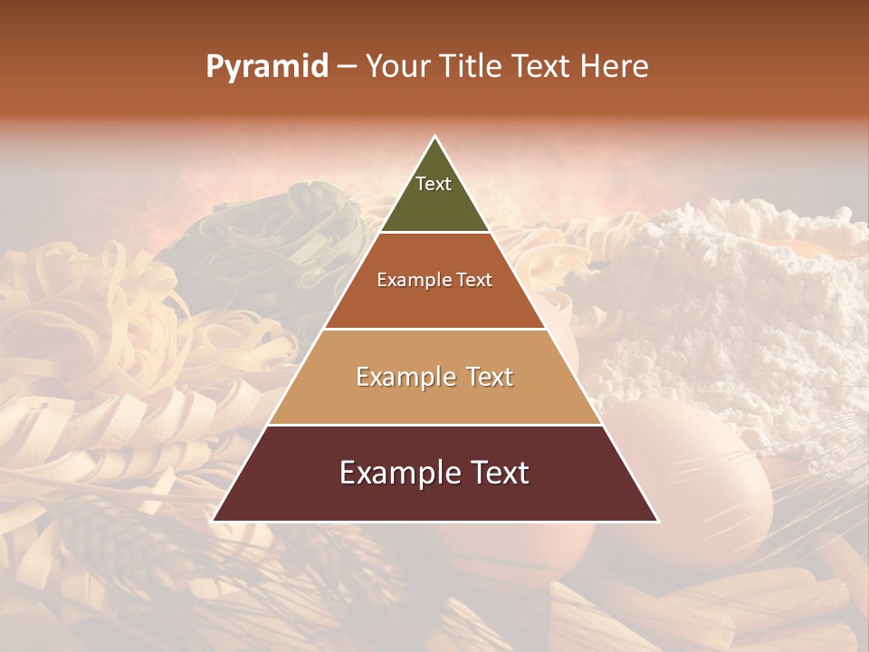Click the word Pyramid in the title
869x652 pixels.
tap(266, 67)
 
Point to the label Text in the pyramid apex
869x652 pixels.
tap(434, 184)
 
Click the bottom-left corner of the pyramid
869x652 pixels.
tap(213, 521)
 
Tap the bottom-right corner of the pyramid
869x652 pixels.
tap(658, 521)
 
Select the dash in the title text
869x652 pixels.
tap(347, 67)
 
